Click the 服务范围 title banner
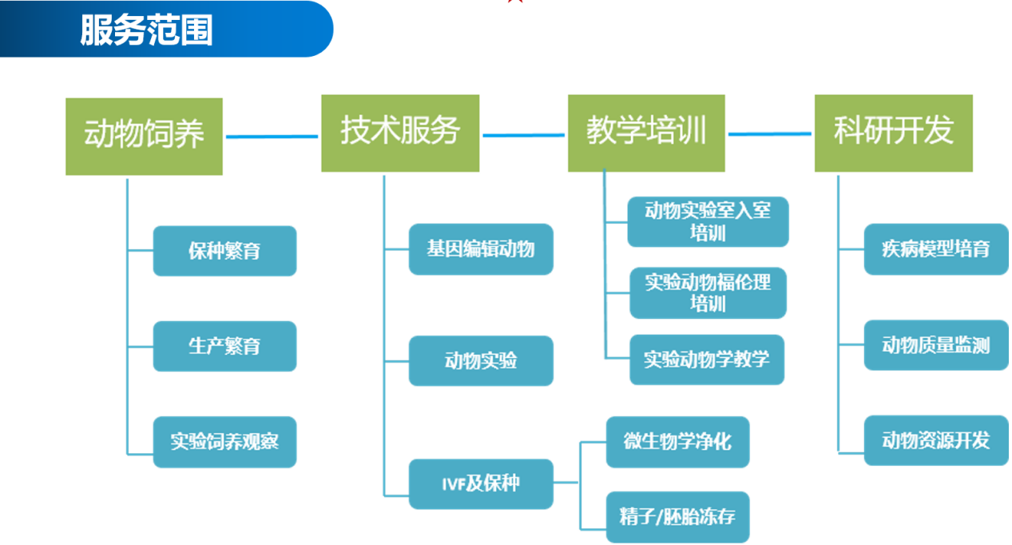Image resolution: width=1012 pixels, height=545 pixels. (x=166, y=29)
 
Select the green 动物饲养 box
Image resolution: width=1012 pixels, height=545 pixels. (x=144, y=137)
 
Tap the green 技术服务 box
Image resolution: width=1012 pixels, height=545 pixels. (x=400, y=133)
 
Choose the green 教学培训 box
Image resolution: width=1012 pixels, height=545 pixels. (x=646, y=133)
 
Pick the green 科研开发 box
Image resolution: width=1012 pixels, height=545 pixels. (x=894, y=133)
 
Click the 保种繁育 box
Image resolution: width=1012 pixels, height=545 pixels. (x=225, y=251)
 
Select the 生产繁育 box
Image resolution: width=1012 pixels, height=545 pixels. (x=225, y=346)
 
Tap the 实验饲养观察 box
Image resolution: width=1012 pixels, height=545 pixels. (x=225, y=442)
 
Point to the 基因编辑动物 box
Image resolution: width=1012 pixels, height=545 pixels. (x=481, y=249)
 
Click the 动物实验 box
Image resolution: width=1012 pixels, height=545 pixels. (x=481, y=360)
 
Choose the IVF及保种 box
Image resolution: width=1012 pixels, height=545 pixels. (x=481, y=484)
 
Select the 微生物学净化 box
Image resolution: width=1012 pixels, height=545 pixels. (x=677, y=442)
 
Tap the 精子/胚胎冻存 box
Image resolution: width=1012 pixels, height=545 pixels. (x=677, y=517)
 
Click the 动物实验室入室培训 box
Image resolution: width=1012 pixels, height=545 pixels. (x=708, y=221)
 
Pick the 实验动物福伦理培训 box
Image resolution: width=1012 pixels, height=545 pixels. (x=708, y=292)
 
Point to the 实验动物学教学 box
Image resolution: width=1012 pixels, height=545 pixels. (x=707, y=360)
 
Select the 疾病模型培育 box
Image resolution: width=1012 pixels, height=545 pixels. (x=937, y=249)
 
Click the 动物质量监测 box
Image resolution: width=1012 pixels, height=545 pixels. (x=937, y=345)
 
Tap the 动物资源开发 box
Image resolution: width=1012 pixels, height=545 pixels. (x=937, y=440)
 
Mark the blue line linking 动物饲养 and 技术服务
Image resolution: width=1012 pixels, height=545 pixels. (x=272, y=137)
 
